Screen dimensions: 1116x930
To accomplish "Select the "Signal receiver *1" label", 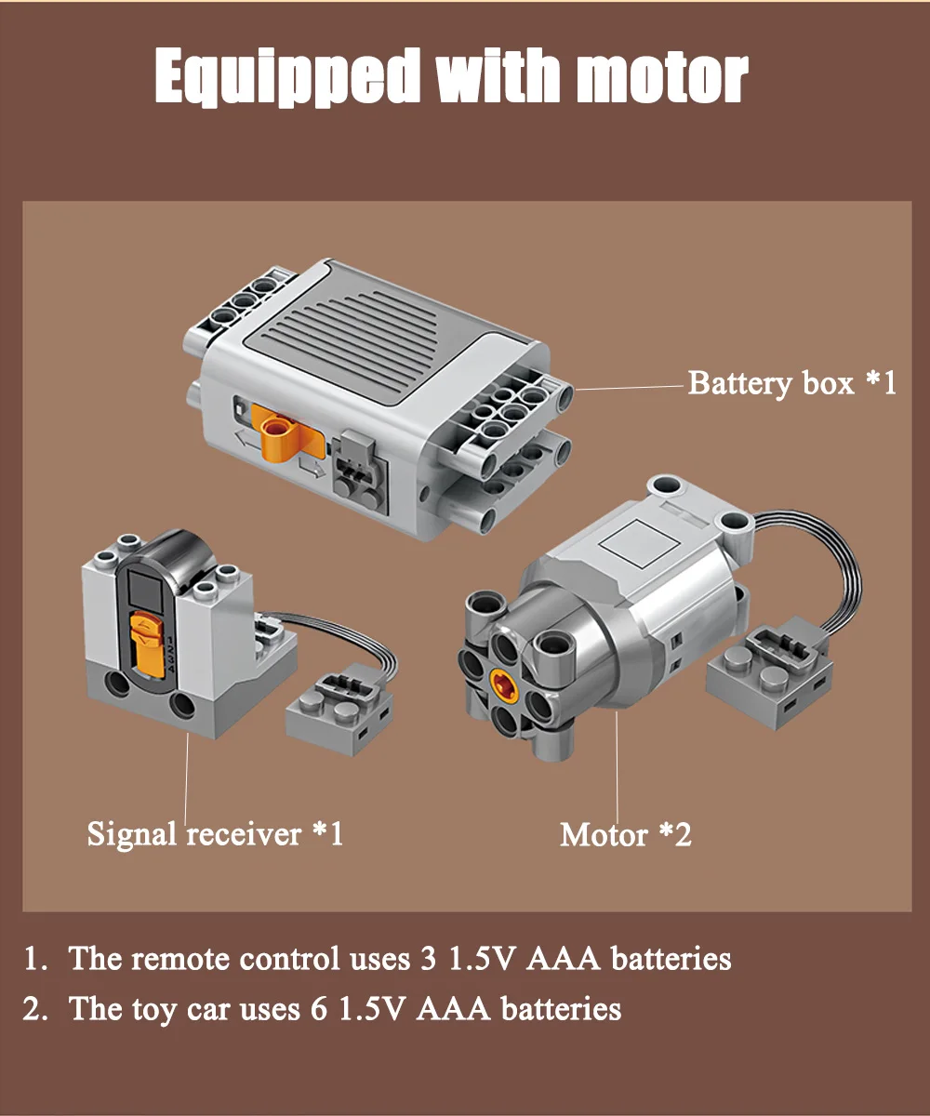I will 215,832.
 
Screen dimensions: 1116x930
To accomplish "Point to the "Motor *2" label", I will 625,834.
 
